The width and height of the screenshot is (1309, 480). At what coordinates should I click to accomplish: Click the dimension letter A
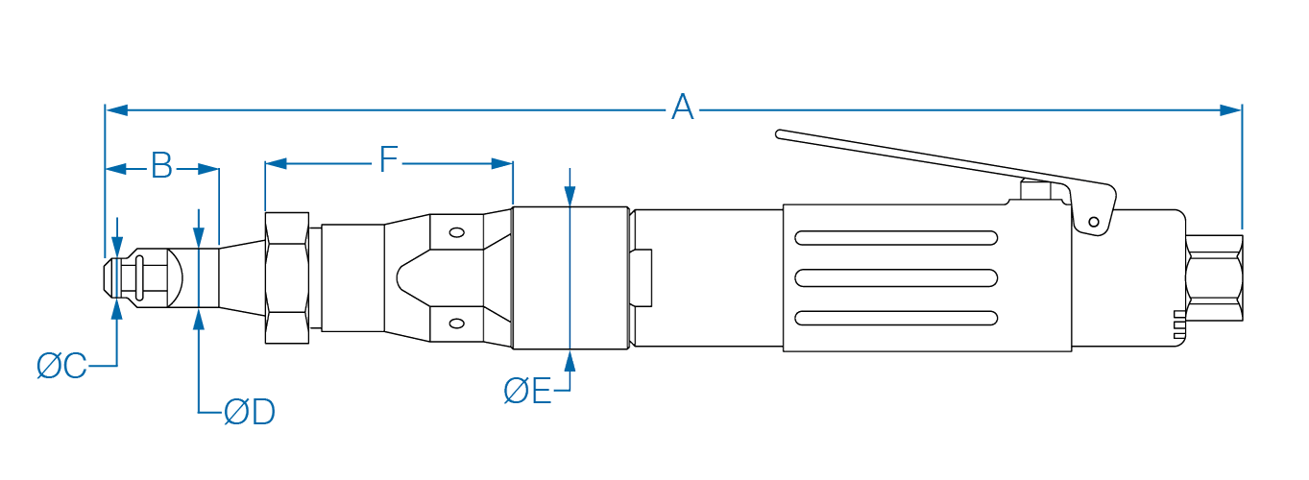(x=682, y=108)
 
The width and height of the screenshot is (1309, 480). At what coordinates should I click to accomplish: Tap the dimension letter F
(x=387, y=160)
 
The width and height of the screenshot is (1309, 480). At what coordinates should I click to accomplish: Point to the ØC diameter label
(x=62, y=366)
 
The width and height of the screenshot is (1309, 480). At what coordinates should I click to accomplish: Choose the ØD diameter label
(x=250, y=413)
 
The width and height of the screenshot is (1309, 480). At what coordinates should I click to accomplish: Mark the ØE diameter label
(x=527, y=391)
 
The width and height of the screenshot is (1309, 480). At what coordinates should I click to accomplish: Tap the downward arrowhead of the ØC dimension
(x=118, y=247)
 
